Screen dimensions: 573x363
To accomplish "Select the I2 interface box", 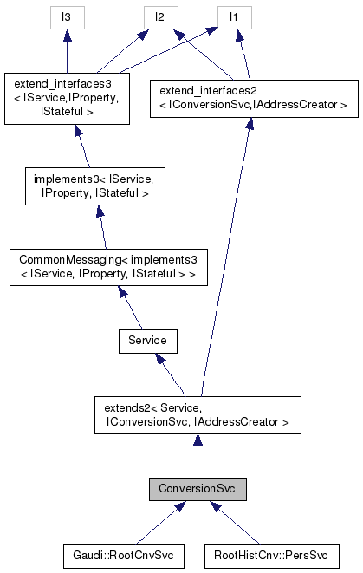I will tap(160, 16).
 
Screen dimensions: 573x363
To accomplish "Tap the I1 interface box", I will tap(233, 16).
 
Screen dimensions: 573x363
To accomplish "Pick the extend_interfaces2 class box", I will tap(249, 98).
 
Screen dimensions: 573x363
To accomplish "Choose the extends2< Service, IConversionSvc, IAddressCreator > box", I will tap(198, 415).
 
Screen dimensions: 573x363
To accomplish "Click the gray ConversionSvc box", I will tap(198, 489).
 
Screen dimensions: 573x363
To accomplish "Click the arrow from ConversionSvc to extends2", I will tap(198, 455).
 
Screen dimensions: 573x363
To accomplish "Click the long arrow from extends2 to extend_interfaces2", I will tap(226, 260).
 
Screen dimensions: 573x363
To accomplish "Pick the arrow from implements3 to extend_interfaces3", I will tap(82, 143).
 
